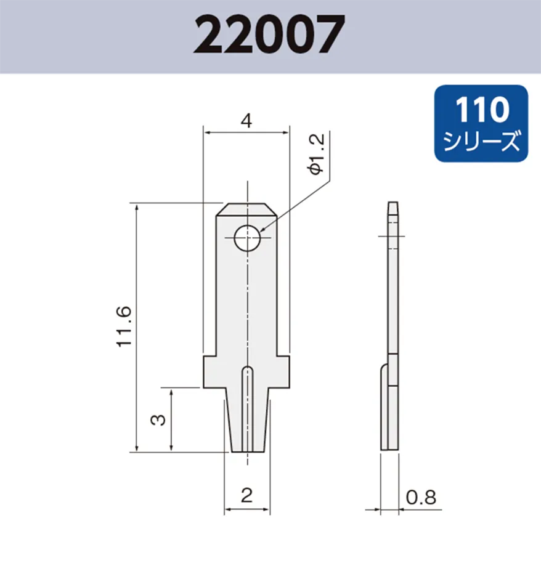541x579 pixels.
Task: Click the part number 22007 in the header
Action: (x=269, y=35)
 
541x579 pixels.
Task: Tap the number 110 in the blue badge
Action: (x=481, y=111)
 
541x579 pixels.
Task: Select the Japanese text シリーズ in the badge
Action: (x=481, y=142)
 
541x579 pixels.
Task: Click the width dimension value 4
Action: (x=246, y=121)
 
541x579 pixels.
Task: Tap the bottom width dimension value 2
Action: (x=246, y=495)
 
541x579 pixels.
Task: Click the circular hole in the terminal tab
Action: (x=247, y=238)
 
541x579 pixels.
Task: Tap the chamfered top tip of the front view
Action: (x=246, y=209)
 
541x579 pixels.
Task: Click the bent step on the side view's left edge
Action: (x=383, y=370)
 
